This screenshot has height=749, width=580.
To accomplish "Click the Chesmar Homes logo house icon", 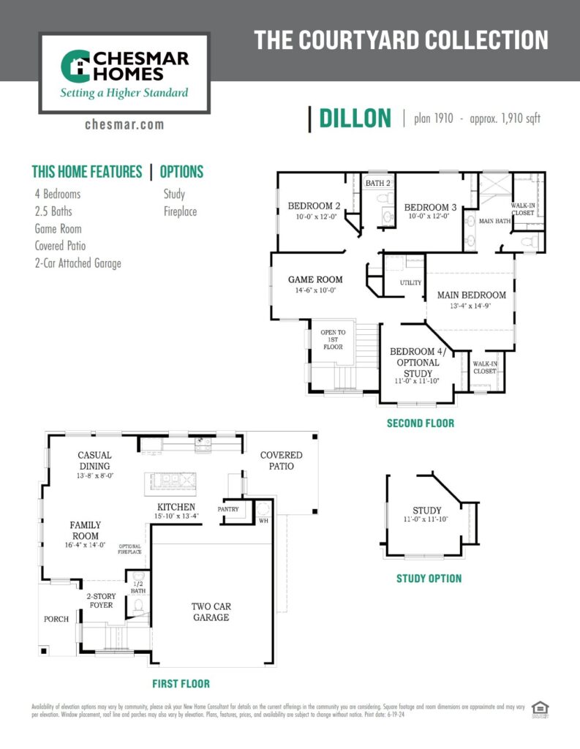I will (74, 67).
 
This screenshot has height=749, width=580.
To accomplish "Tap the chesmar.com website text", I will (124, 124).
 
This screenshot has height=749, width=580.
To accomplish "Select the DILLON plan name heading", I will (355, 118).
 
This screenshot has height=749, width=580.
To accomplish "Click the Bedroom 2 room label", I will (314, 206).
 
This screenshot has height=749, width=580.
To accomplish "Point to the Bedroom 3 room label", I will (430, 207).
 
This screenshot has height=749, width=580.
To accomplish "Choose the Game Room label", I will (315, 279).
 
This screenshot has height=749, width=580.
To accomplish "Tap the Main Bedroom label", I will (472, 295).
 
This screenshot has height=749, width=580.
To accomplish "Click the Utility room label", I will (410, 282).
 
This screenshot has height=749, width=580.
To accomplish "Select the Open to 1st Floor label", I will (333, 339).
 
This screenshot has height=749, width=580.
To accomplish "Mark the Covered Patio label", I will (281, 460).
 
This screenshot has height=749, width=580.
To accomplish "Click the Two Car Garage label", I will (211, 611).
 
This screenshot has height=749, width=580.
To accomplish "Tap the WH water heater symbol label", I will (263, 521).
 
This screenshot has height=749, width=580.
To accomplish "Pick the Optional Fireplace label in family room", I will (130, 549).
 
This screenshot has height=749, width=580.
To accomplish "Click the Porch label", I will (56, 619).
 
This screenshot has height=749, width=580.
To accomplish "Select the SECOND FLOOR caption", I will (420, 423).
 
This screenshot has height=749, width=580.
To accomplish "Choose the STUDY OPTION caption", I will (429, 578).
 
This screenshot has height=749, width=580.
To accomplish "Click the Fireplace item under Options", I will (180, 211).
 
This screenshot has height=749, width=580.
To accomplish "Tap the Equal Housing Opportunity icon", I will (540, 709).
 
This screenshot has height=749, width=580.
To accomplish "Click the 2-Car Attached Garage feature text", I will (78, 263).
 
